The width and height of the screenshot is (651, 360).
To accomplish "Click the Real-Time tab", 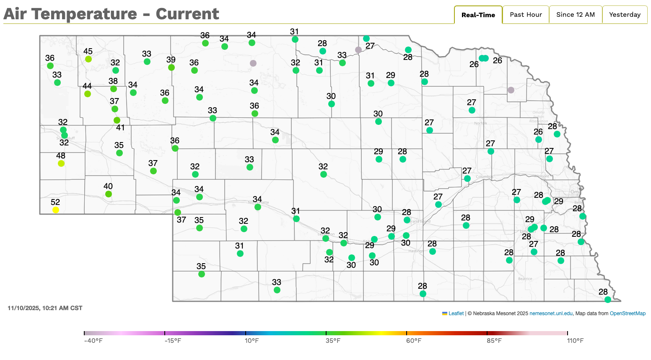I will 478,15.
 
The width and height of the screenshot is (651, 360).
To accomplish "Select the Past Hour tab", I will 526,15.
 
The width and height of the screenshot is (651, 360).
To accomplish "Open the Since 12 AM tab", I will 575,15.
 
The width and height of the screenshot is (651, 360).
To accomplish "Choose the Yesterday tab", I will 625,15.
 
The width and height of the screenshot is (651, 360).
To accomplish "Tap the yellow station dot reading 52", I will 56,210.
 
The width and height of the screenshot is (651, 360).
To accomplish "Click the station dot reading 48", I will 61,163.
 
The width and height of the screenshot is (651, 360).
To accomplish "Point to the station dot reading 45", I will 88,59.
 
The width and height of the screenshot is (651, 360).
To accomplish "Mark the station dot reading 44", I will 88,94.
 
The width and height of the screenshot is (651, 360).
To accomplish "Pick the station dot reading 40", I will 109,194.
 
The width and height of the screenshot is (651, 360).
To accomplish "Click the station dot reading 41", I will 117,120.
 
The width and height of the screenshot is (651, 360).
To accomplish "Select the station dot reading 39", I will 171,67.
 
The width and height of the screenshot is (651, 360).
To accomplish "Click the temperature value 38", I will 113,81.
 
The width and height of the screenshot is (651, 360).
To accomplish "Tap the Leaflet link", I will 456,313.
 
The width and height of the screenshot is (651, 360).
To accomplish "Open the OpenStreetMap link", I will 628,313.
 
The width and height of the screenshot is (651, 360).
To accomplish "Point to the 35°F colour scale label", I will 333,341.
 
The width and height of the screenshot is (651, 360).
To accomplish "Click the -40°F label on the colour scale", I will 93,341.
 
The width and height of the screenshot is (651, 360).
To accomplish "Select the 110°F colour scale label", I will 575,341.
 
